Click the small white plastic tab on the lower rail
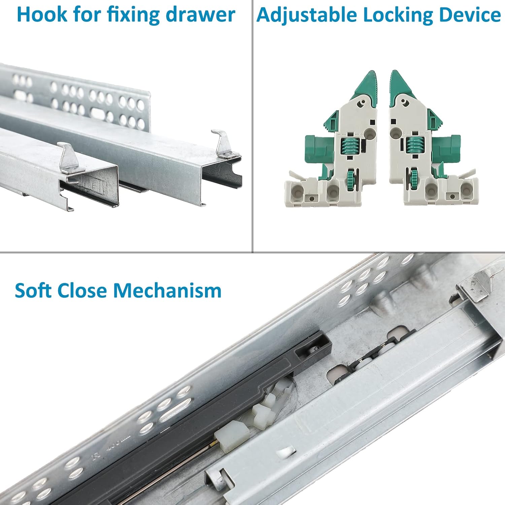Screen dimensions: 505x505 286,453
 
